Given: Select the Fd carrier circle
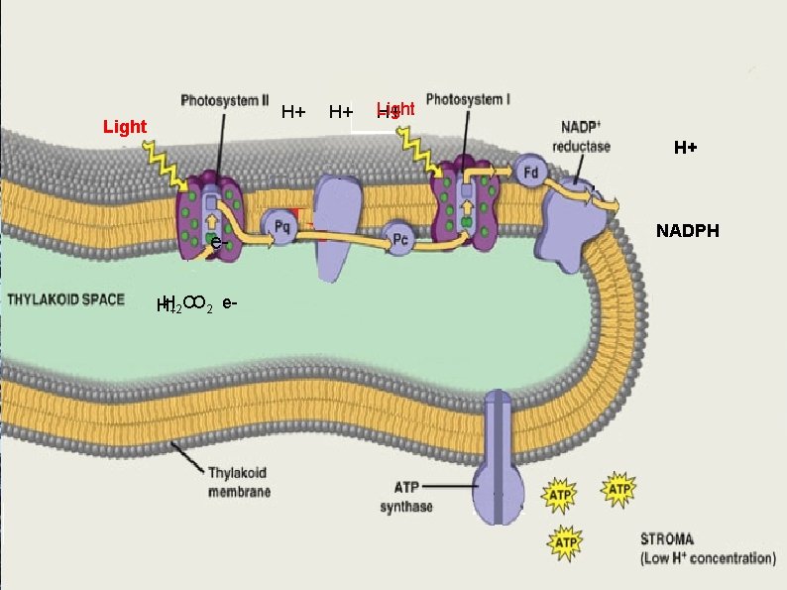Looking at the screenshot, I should (531, 173).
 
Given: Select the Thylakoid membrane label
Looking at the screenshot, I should (239, 482).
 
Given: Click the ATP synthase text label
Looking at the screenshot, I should (406, 499).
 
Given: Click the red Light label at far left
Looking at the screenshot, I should (125, 127).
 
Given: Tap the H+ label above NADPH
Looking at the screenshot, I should (685, 149).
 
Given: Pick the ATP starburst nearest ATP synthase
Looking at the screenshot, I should (561, 494).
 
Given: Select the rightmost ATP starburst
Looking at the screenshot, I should (619, 489).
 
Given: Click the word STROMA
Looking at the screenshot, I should (672, 540).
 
